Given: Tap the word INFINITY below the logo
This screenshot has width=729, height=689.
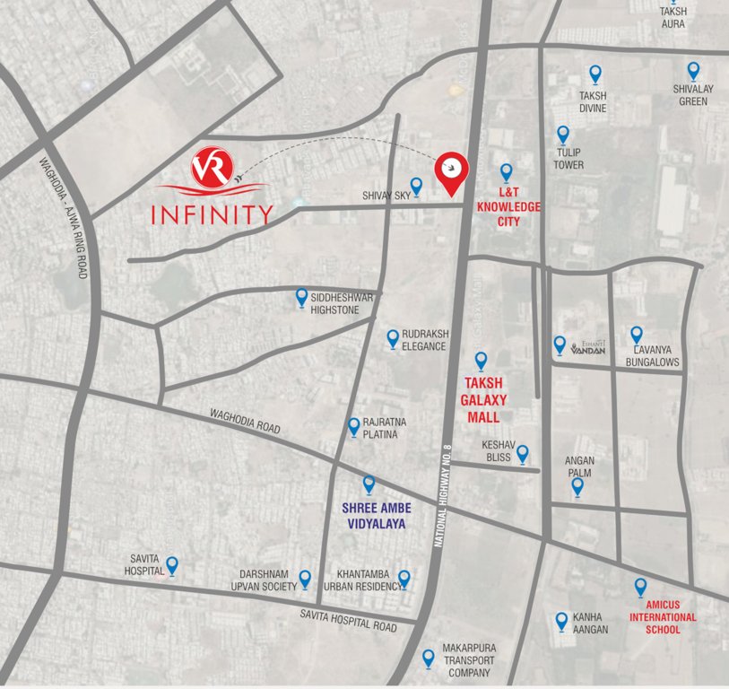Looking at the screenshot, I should [x=212, y=215].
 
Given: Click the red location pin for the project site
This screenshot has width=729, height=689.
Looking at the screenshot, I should [x=450, y=172].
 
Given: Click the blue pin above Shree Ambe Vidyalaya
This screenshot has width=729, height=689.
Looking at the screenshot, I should [x=369, y=484].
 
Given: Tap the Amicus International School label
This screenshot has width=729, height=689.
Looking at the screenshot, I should [x=662, y=617].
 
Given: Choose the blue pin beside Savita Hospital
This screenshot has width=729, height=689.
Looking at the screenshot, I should [x=172, y=565].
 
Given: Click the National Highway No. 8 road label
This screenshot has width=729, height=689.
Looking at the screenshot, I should [x=446, y=498].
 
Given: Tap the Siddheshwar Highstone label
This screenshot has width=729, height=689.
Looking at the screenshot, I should [x=334, y=303].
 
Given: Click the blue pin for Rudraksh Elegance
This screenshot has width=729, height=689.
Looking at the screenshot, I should [x=393, y=338].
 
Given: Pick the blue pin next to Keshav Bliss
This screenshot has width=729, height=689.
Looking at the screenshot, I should [x=522, y=454].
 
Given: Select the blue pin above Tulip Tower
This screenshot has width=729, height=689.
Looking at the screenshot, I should [x=563, y=135].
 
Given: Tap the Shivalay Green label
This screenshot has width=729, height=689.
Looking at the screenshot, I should [x=691, y=95].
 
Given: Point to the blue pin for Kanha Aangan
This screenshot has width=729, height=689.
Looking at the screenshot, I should [x=561, y=619].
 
